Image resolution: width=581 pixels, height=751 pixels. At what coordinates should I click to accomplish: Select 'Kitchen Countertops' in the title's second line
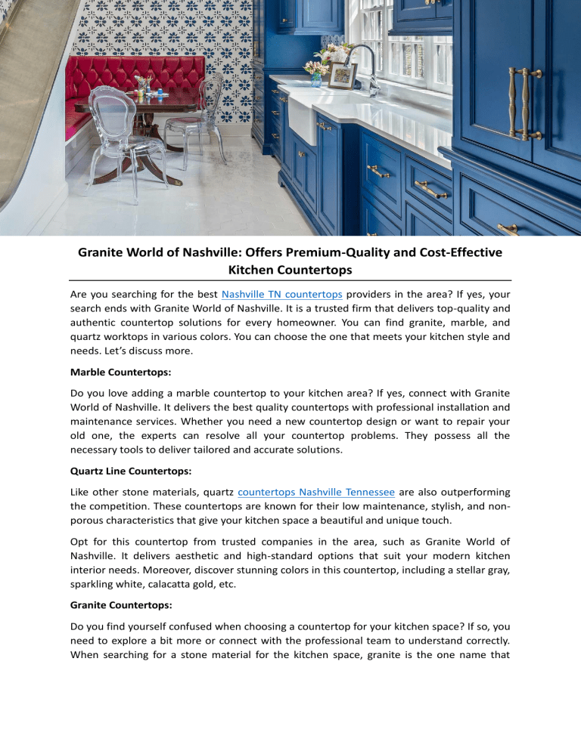[x=290, y=268]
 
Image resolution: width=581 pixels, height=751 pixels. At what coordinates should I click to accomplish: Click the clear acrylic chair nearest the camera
[x=125, y=151]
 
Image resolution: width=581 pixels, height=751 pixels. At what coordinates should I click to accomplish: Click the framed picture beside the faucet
[x=343, y=75]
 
